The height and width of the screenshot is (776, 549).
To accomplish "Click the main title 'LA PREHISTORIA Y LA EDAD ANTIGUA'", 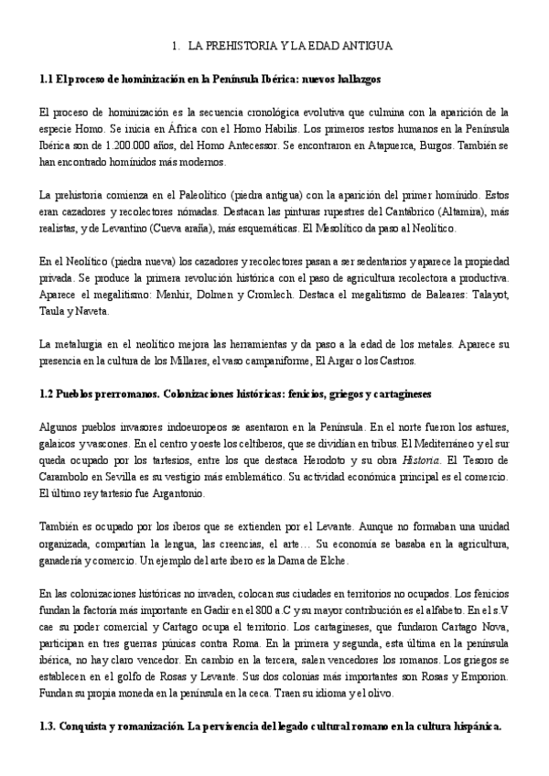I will pyautogui.click(x=289, y=45).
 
